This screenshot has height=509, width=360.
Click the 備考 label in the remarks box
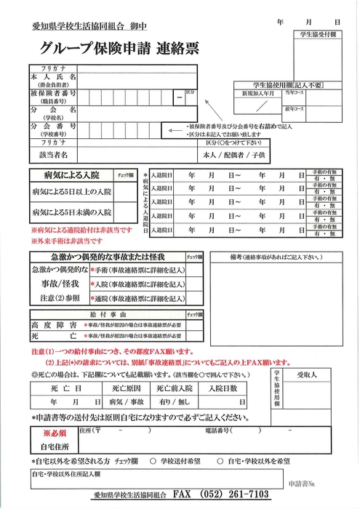point(237,257)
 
